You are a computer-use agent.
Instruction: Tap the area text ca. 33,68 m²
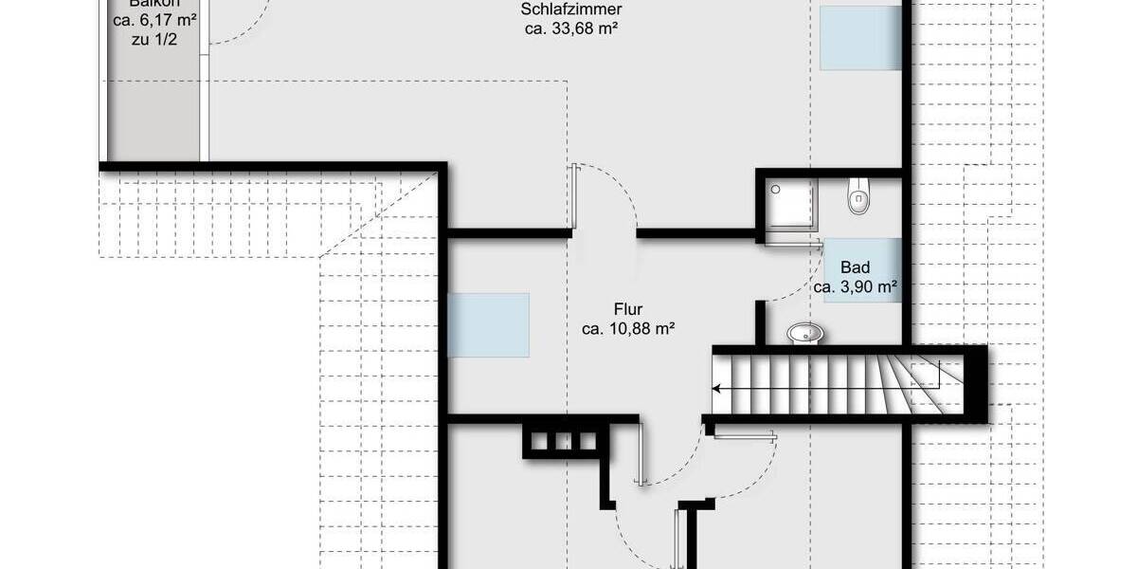[x=571, y=29]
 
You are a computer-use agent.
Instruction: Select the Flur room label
[x=628, y=309]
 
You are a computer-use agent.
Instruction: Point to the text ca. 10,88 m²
[x=628, y=329]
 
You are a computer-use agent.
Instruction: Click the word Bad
[x=855, y=268]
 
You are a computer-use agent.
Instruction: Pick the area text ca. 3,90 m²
[x=856, y=286]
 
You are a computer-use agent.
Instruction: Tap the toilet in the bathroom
[x=858, y=194]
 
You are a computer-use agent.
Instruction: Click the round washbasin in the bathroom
[x=805, y=333]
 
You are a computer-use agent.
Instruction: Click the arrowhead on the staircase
[x=717, y=388]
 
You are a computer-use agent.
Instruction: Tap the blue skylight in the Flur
[x=488, y=324]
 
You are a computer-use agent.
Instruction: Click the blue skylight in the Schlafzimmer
[x=860, y=38]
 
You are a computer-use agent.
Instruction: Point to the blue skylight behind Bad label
[x=862, y=270]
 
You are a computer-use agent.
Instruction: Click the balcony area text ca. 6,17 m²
[x=152, y=20]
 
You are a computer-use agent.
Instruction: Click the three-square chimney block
[x=563, y=441]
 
